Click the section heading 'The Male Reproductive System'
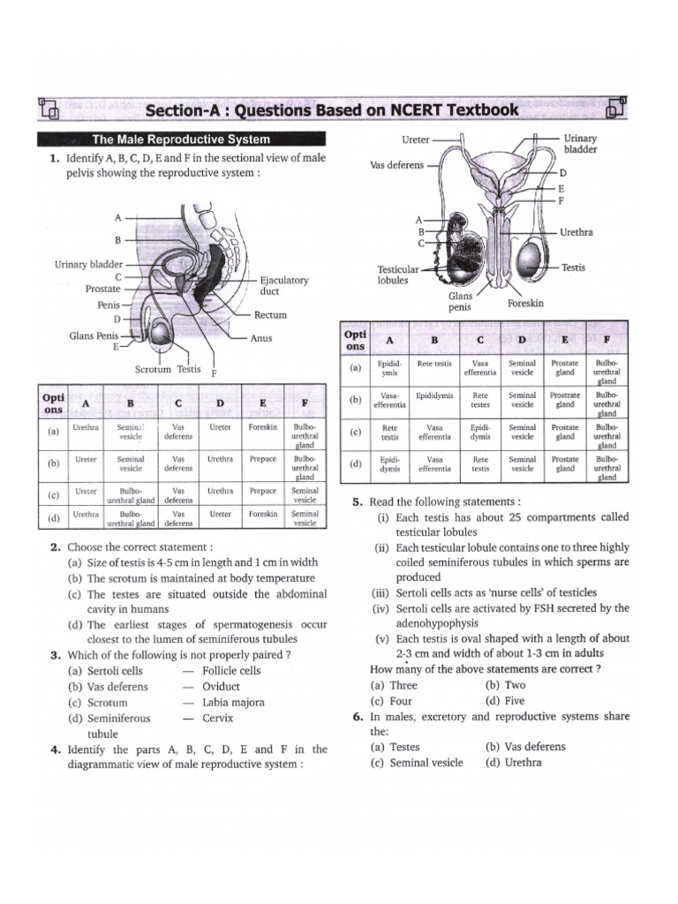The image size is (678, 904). pos(181,139)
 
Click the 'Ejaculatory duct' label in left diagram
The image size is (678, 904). pos(283,286)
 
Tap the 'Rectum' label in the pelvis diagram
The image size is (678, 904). pos(270,315)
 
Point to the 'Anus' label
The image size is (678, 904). pos(261,338)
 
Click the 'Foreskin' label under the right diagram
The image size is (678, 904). pos(526,303)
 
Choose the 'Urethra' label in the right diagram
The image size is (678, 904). pos(576,232)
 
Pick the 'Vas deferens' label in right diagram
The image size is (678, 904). pos(397,165)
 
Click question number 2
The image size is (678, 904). pos(55,547)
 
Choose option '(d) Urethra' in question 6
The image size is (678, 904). pos(514,763)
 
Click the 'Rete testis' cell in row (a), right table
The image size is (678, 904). pos(434,363)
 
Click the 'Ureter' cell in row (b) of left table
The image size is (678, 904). pos(86,460)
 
